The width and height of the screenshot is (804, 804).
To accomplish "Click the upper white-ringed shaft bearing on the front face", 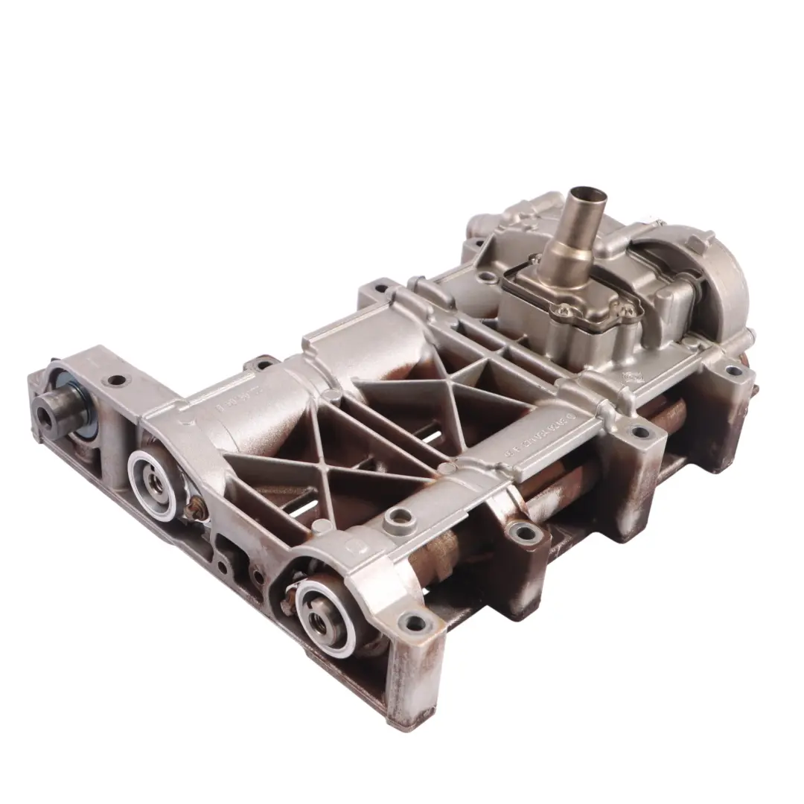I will [153, 485].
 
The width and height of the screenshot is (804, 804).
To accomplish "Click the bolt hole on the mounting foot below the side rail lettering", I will [526, 532].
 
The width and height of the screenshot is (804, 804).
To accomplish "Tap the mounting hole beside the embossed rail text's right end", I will [639, 431].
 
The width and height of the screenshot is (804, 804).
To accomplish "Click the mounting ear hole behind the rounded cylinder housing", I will [263, 365].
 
